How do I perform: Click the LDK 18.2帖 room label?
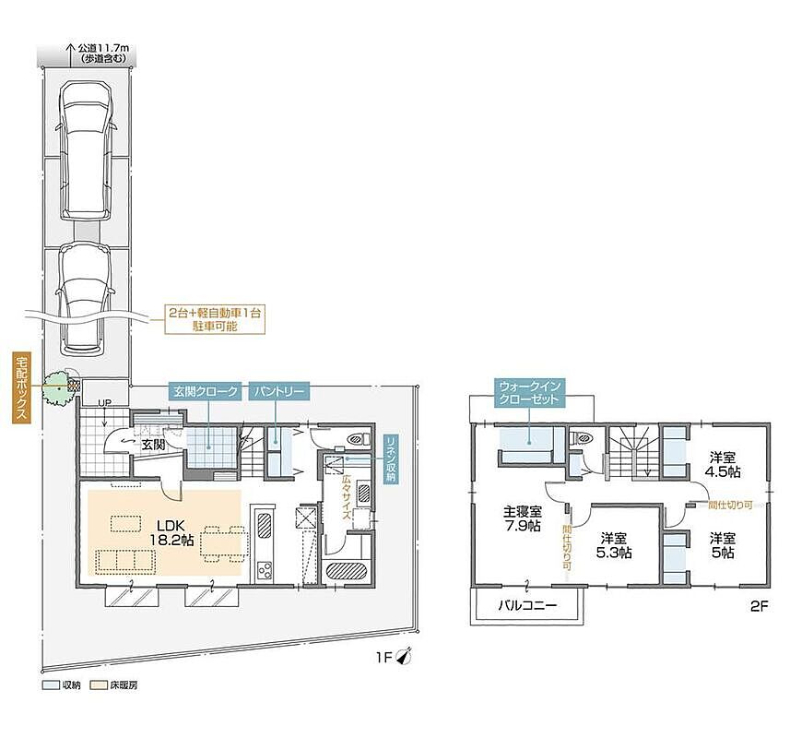171,532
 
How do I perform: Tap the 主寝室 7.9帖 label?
523,518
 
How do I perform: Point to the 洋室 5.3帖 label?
614,545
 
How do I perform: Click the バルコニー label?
527,604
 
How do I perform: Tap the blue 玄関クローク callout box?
206,392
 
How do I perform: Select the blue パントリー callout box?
278,392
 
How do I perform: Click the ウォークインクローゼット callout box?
529,393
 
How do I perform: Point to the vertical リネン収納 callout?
391,458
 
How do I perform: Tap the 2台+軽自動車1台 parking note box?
215,319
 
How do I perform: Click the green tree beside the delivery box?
56,387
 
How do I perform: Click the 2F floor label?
759,606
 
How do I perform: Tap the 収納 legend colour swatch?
50,685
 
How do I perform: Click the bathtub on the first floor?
347,571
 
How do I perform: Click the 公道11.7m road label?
102,53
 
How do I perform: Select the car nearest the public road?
85,150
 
